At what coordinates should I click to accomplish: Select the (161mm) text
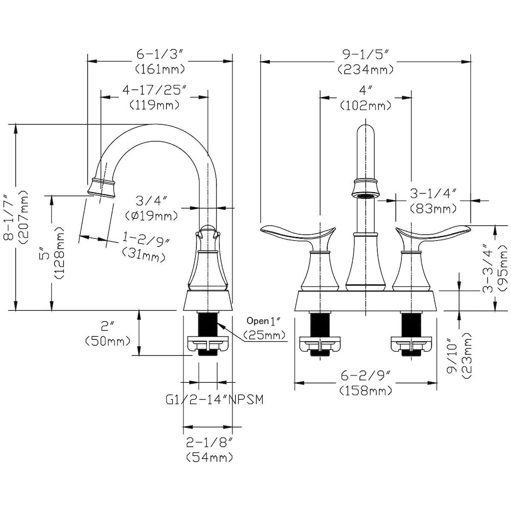(x=160, y=69)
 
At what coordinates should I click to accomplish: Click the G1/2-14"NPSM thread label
(x=214, y=400)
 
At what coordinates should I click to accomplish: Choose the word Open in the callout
(x=258, y=321)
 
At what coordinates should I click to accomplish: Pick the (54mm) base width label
(x=210, y=457)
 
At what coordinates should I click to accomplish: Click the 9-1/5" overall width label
(x=366, y=54)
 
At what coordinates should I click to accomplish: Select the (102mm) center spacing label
(x=366, y=106)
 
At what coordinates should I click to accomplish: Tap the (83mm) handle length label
(x=433, y=208)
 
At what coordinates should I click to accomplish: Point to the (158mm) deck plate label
(x=366, y=390)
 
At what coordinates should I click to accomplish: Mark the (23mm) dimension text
(x=467, y=356)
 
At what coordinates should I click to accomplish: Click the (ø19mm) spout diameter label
(x=152, y=216)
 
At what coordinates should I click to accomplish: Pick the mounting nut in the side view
(x=208, y=344)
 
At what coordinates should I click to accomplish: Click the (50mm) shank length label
(x=108, y=341)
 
